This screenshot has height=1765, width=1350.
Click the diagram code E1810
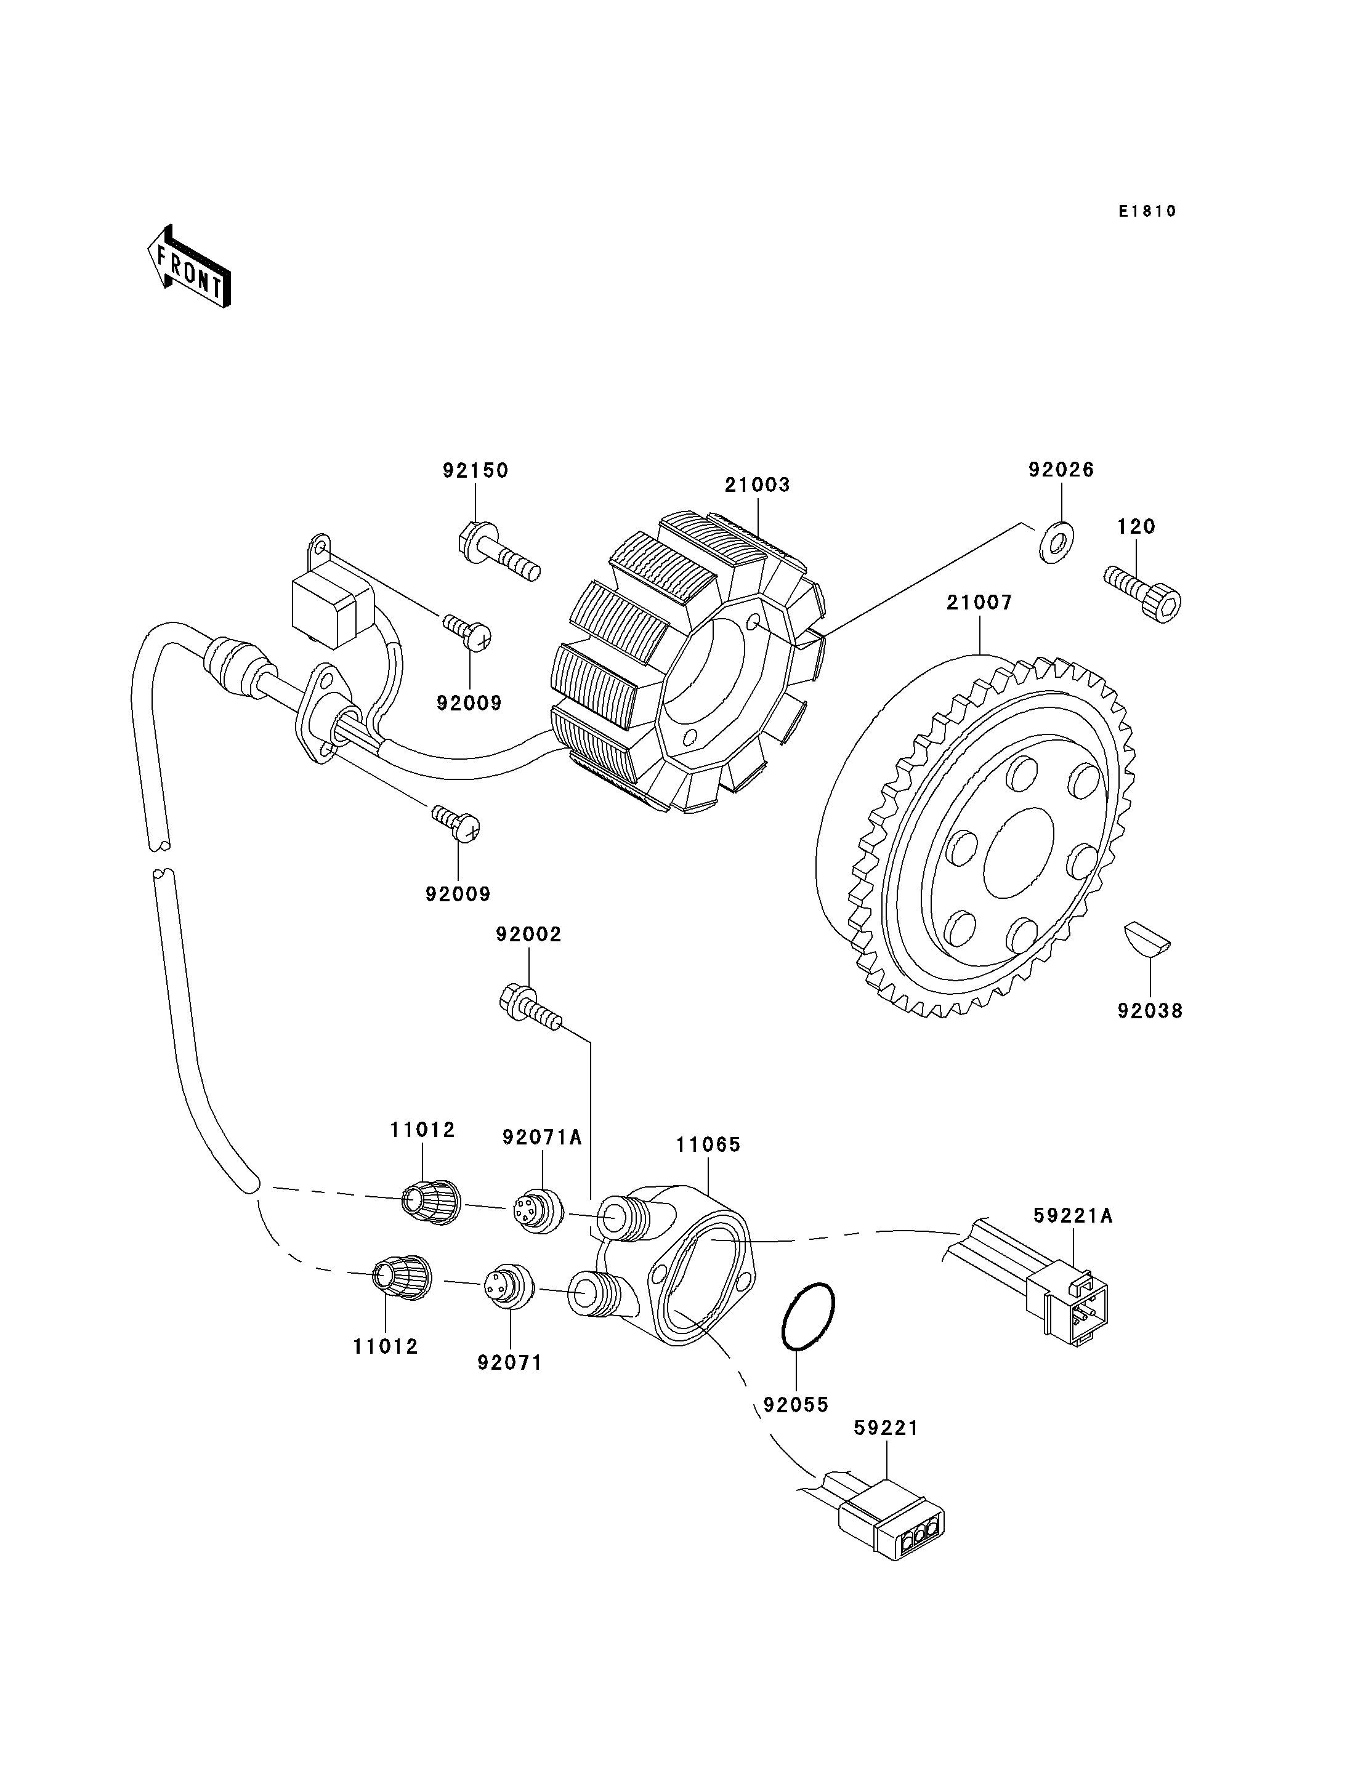[x=1147, y=211]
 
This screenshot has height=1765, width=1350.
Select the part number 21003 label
[x=757, y=485]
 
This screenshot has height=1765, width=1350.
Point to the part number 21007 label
[x=979, y=603]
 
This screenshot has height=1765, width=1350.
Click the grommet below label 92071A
[x=539, y=1212]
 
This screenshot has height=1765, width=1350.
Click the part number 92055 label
[x=796, y=1405]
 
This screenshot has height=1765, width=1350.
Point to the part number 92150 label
[x=475, y=471]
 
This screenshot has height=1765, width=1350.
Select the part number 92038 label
[x=1150, y=1011]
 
